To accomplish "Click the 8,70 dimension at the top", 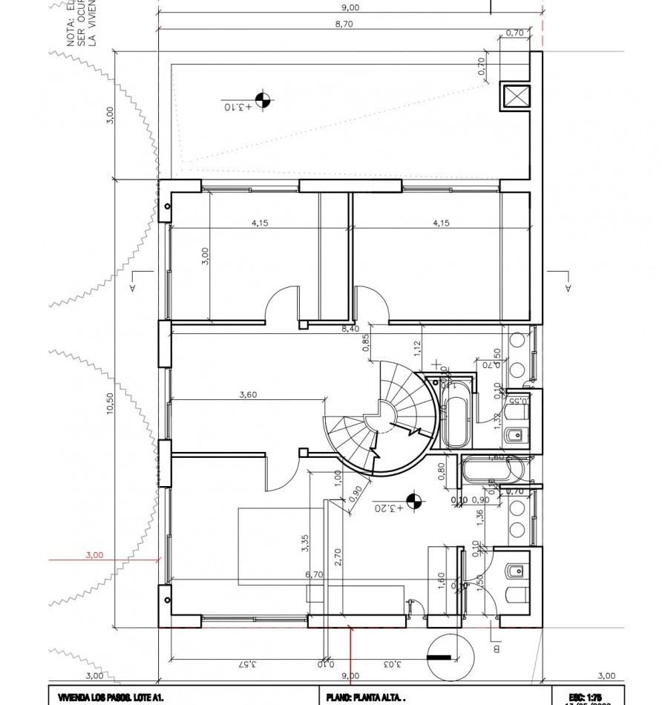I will click(350, 24).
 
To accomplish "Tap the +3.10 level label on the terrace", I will click(238, 107).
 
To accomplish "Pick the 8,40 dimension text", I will click(350, 328).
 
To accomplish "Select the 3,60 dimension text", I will click(248, 395).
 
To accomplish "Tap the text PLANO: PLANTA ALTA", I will click(365, 698).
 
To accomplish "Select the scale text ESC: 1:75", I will click(587, 697).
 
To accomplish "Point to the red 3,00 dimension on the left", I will click(94, 554).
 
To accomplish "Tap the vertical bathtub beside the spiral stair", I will click(453, 414).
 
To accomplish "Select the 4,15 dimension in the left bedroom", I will click(260, 222).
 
